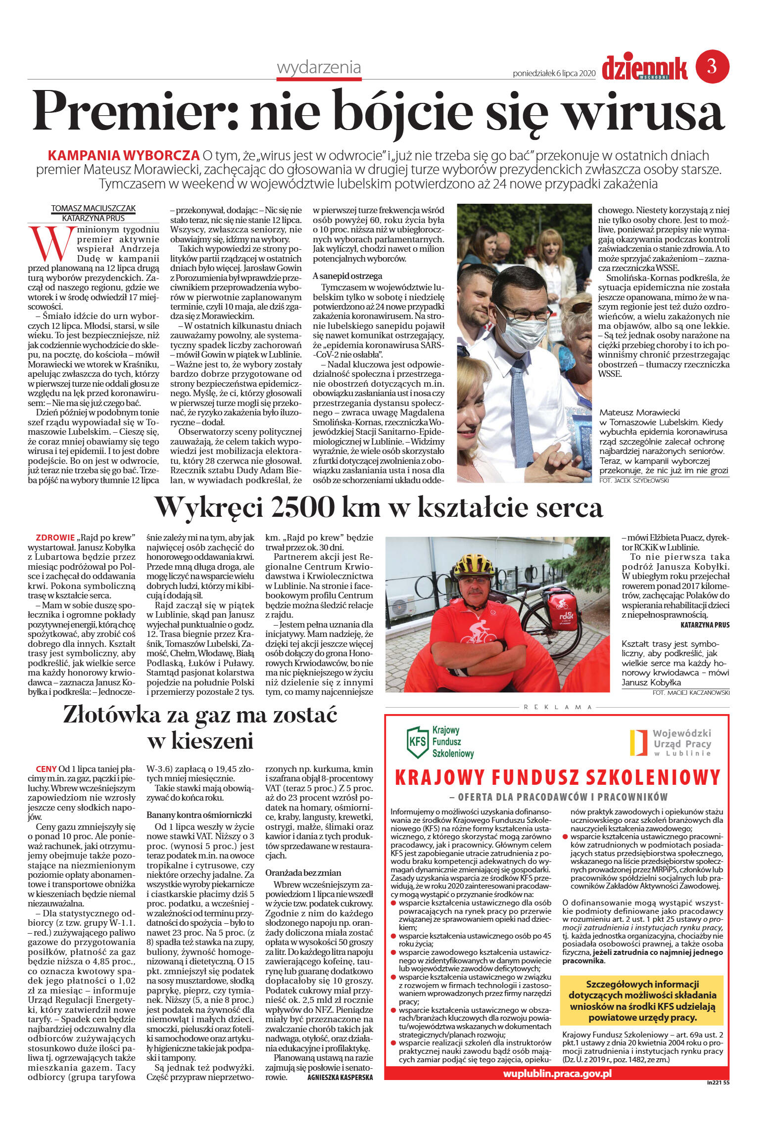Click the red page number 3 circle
click(712, 66)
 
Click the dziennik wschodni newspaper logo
click(644, 68)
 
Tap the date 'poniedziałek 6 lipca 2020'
click(554, 73)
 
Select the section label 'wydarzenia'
click(319, 68)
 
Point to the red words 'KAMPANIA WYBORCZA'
click(123, 155)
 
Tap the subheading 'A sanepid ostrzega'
click(347, 276)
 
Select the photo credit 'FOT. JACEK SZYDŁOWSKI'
click(634, 480)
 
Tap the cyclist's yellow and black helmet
click(474, 564)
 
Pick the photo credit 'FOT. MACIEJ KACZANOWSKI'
click(691, 693)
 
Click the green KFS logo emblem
click(417, 743)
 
